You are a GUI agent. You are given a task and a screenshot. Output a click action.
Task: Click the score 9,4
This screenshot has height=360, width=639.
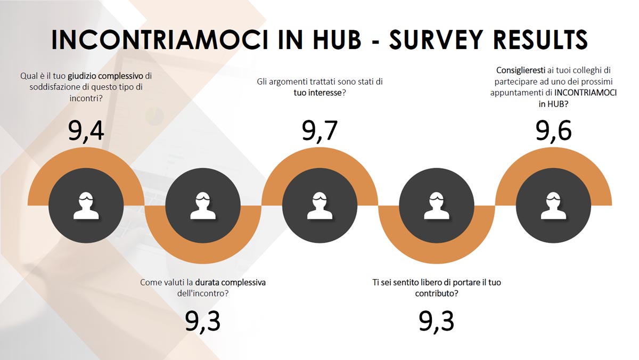[x=86, y=131]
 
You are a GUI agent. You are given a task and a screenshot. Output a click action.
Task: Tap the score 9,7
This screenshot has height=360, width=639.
[x=320, y=131]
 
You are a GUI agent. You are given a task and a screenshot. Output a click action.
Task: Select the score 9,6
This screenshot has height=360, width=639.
[x=553, y=131]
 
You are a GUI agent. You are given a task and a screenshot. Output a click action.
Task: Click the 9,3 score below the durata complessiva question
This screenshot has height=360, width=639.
[x=203, y=322]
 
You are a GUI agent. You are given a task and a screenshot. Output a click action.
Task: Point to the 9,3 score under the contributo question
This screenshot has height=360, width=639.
[x=437, y=322]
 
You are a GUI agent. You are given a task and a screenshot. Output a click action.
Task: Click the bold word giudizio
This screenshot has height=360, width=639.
[x=82, y=76]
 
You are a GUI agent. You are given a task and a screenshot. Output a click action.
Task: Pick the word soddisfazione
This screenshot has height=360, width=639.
[x=55, y=87]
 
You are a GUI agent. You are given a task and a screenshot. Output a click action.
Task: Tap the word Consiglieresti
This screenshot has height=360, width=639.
[x=521, y=70]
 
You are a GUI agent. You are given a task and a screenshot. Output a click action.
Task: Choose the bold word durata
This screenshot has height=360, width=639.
[x=207, y=282]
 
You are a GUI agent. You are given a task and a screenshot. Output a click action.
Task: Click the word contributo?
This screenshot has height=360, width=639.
[x=437, y=293]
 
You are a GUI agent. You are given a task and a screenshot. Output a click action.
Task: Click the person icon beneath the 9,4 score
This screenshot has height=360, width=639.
[x=86, y=206]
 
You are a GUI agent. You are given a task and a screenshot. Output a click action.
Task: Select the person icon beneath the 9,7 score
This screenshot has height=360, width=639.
[x=320, y=206]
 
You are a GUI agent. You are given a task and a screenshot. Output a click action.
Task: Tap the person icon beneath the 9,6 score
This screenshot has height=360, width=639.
[x=553, y=206]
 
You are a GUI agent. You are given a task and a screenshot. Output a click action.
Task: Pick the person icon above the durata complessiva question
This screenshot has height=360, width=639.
[x=203, y=206]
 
